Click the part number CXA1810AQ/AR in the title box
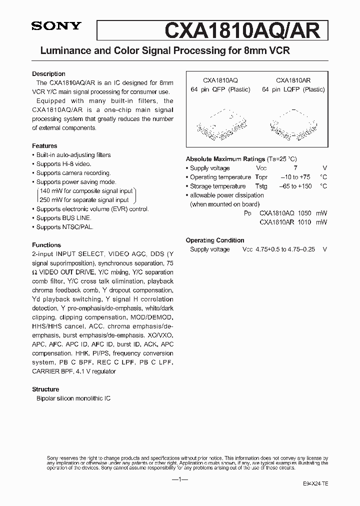242,30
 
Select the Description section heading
48,74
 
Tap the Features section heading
44,146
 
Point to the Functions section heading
46,245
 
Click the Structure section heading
45,389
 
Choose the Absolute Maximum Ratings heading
225,159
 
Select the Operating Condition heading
215,240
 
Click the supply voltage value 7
295,168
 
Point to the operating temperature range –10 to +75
295,177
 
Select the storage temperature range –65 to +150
295,186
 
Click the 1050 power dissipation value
304,213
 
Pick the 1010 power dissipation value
304,222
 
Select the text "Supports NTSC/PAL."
64,227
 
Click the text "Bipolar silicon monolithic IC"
73,398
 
